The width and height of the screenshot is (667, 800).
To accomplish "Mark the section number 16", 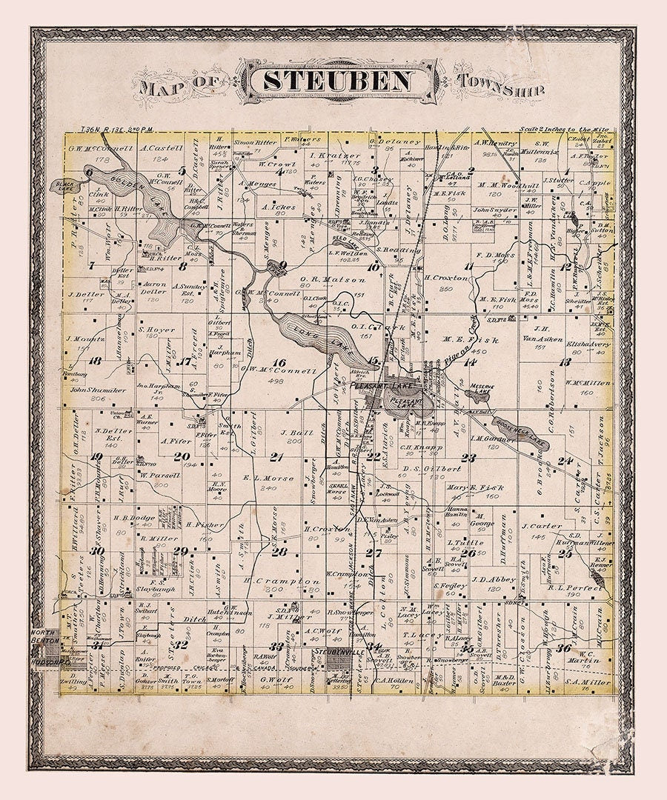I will tap(279, 362).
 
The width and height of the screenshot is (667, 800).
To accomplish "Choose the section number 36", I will tap(563, 648).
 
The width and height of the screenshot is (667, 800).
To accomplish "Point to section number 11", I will tap(469, 267).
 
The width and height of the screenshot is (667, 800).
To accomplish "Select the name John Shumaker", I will tap(96, 390).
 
